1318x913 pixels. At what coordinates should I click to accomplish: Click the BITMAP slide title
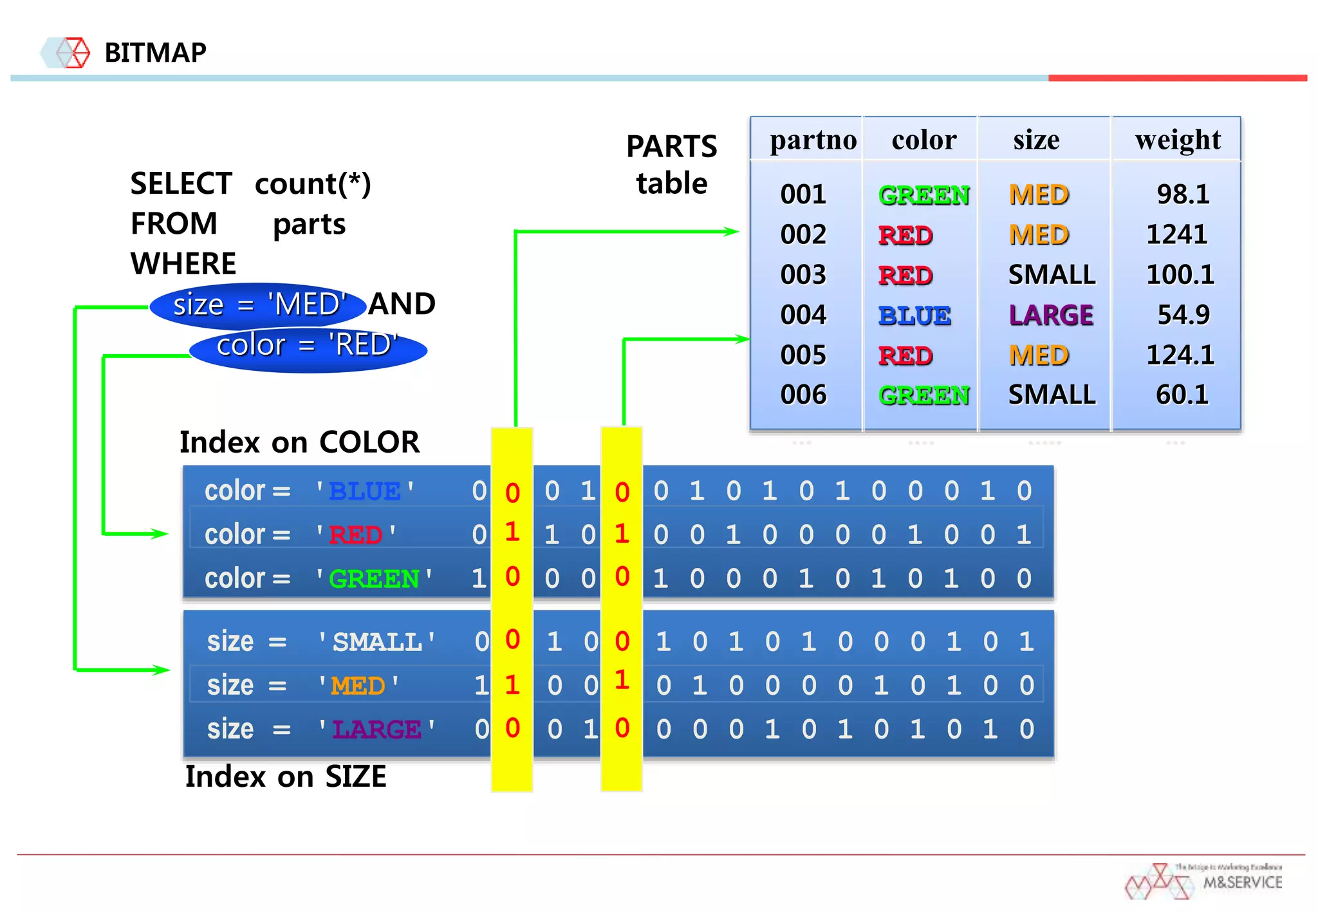[155, 53]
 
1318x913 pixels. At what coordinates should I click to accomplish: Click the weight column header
[1178, 140]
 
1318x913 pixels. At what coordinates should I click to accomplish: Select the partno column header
[813, 140]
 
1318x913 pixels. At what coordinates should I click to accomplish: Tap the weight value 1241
[1176, 234]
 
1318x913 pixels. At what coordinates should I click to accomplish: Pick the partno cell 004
[803, 315]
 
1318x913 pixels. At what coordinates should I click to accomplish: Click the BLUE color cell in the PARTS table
[914, 315]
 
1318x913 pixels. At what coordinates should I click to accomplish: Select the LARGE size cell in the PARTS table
[1051, 315]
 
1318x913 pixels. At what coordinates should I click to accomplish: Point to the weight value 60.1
[1182, 395]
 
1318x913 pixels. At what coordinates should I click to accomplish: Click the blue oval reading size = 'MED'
[257, 305]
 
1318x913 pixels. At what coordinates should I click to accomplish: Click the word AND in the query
[402, 304]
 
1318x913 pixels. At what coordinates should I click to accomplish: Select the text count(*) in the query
[313, 184]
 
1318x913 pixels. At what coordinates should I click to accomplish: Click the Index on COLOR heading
[299, 442]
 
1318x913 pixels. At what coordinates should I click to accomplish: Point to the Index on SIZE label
[286, 777]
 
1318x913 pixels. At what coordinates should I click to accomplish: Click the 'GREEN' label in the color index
[374, 579]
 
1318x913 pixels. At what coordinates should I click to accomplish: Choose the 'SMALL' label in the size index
[377, 642]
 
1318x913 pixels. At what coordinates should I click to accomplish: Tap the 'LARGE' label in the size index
[376, 729]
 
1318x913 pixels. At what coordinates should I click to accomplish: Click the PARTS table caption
[671, 165]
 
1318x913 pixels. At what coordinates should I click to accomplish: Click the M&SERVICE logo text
[1242, 882]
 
